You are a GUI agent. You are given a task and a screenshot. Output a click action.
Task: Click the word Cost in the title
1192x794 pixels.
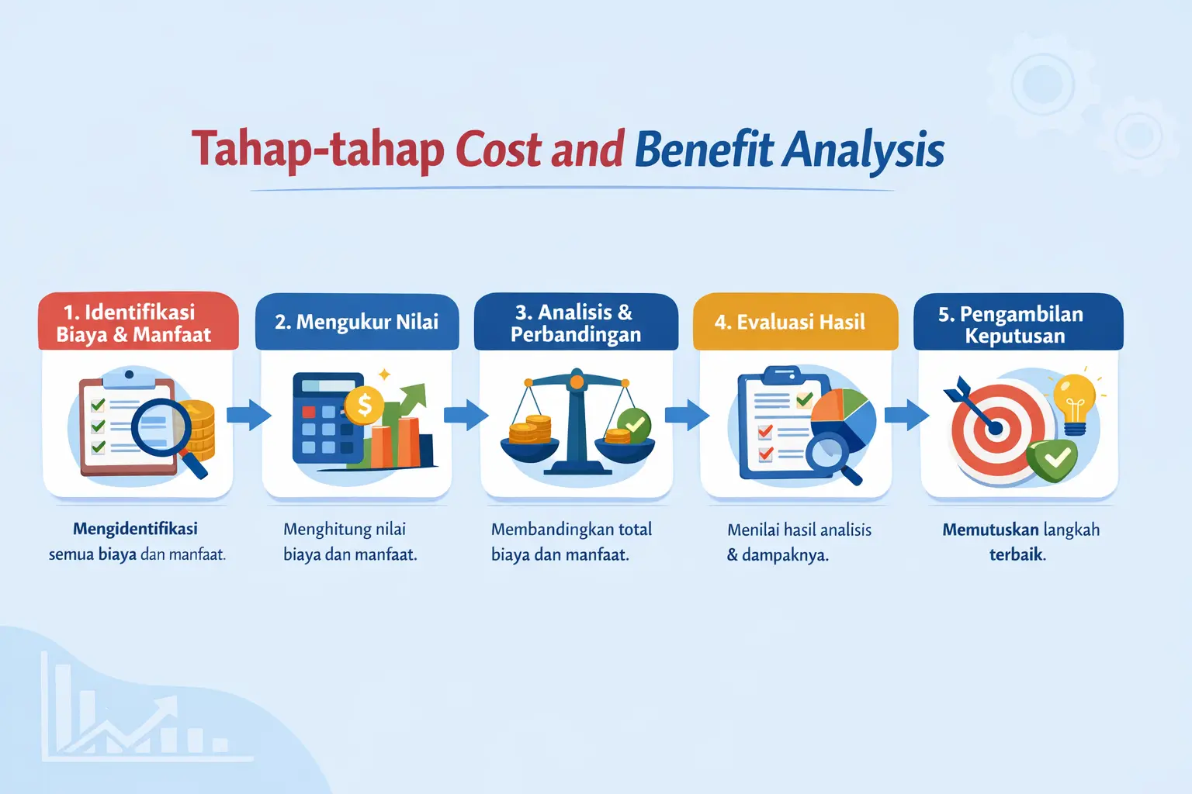pyautogui.click(x=500, y=150)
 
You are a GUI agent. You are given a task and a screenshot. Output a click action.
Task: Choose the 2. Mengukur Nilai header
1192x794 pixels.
pyautogui.click(x=357, y=322)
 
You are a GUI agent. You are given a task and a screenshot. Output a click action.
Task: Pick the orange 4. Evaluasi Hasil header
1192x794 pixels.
pyautogui.click(x=795, y=322)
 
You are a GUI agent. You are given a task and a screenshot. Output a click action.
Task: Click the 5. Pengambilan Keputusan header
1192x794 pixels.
pyautogui.click(x=1018, y=322)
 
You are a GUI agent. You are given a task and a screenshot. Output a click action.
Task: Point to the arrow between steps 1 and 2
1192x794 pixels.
pyautogui.click(x=248, y=416)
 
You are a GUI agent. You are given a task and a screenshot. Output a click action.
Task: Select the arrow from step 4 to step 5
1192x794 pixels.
pyautogui.click(x=906, y=416)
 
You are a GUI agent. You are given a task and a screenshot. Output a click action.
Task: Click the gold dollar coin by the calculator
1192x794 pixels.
pyautogui.click(x=365, y=406)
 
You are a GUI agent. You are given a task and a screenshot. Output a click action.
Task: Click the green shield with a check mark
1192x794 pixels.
pyautogui.click(x=1052, y=461)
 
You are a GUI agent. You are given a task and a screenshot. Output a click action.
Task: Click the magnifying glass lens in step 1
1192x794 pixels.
pyautogui.click(x=161, y=427)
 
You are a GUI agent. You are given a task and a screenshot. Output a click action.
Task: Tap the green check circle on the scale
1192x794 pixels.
pyautogui.click(x=634, y=424)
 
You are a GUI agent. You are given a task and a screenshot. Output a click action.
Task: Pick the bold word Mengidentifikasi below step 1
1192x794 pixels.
pyautogui.click(x=135, y=529)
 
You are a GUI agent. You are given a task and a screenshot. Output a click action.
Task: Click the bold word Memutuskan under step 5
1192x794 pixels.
pyautogui.click(x=990, y=530)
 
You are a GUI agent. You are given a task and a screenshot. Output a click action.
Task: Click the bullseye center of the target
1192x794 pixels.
pyautogui.click(x=996, y=429)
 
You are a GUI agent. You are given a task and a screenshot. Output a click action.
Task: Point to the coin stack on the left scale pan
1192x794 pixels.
pyautogui.click(x=530, y=430)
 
